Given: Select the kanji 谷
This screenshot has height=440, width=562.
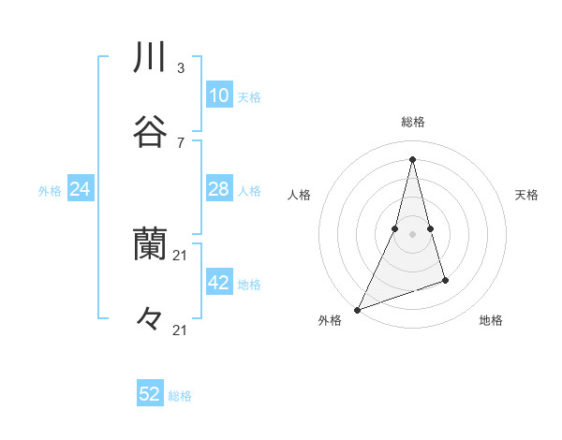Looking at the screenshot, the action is click(151, 133).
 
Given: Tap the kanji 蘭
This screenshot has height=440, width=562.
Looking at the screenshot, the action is click(151, 244).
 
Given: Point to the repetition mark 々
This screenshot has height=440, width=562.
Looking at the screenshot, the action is click(151, 319).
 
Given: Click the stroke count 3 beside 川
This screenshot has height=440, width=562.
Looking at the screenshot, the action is click(180, 67).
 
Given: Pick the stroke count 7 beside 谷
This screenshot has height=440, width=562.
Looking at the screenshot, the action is click(180, 142).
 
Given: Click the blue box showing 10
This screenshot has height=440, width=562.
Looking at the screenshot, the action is click(218, 95).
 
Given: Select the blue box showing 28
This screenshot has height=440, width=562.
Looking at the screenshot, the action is click(218, 189).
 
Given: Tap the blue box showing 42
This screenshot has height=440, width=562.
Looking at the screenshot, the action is click(218, 283).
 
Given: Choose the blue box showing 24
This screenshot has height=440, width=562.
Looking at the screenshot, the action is click(80, 189).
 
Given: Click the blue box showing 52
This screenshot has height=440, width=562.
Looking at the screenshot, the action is click(150, 394).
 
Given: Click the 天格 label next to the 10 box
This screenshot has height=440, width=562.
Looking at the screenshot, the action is click(249, 96).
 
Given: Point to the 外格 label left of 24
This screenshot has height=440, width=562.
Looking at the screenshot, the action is click(50, 190).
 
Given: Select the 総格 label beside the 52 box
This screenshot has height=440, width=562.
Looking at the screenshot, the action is click(180, 395).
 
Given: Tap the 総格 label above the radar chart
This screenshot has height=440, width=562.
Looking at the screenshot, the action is click(413, 122).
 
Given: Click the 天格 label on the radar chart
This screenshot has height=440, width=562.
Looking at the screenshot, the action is click(527, 195).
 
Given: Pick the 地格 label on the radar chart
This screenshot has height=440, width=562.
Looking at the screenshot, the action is click(491, 320).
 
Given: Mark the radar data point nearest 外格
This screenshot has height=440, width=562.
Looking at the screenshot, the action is click(357, 309).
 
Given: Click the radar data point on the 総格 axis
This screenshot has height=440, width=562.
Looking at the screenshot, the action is click(412, 158).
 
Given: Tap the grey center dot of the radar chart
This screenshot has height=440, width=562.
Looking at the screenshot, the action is click(412, 233).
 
